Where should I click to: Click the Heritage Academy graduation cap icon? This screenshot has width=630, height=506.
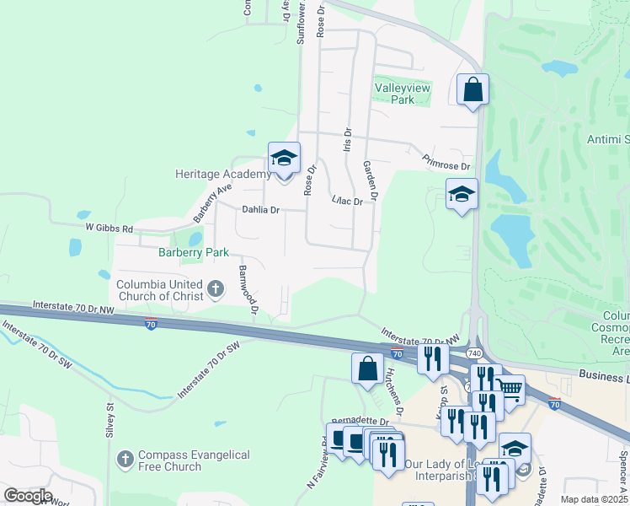click(x=284, y=158)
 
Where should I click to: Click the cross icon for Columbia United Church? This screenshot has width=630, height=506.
click(x=215, y=290)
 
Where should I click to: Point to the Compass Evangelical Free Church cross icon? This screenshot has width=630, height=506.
click(x=125, y=460)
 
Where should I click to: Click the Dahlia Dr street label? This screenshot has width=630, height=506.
click(x=260, y=209)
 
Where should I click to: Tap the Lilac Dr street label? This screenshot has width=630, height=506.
click(x=347, y=201)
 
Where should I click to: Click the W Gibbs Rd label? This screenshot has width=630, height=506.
click(x=109, y=229)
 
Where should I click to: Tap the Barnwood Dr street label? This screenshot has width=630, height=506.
click(x=246, y=289)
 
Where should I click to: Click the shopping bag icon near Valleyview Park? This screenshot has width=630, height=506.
click(x=472, y=89)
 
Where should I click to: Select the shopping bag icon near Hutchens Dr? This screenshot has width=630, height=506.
click(x=366, y=369)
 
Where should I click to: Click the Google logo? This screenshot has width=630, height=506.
click(x=28, y=496)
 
